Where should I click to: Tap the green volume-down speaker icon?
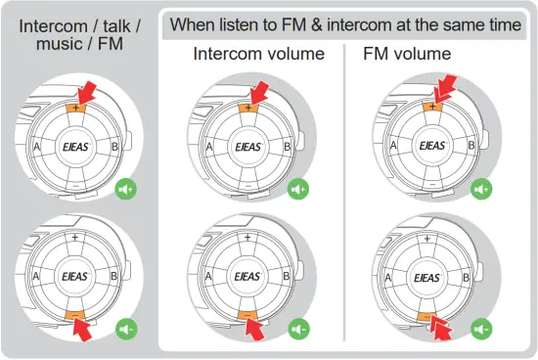(x=126, y=329)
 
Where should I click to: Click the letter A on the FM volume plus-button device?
(x=393, y=145)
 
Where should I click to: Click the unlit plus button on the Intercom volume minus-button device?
(x=247, y=238)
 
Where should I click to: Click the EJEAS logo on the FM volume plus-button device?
(x=430, y=145)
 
